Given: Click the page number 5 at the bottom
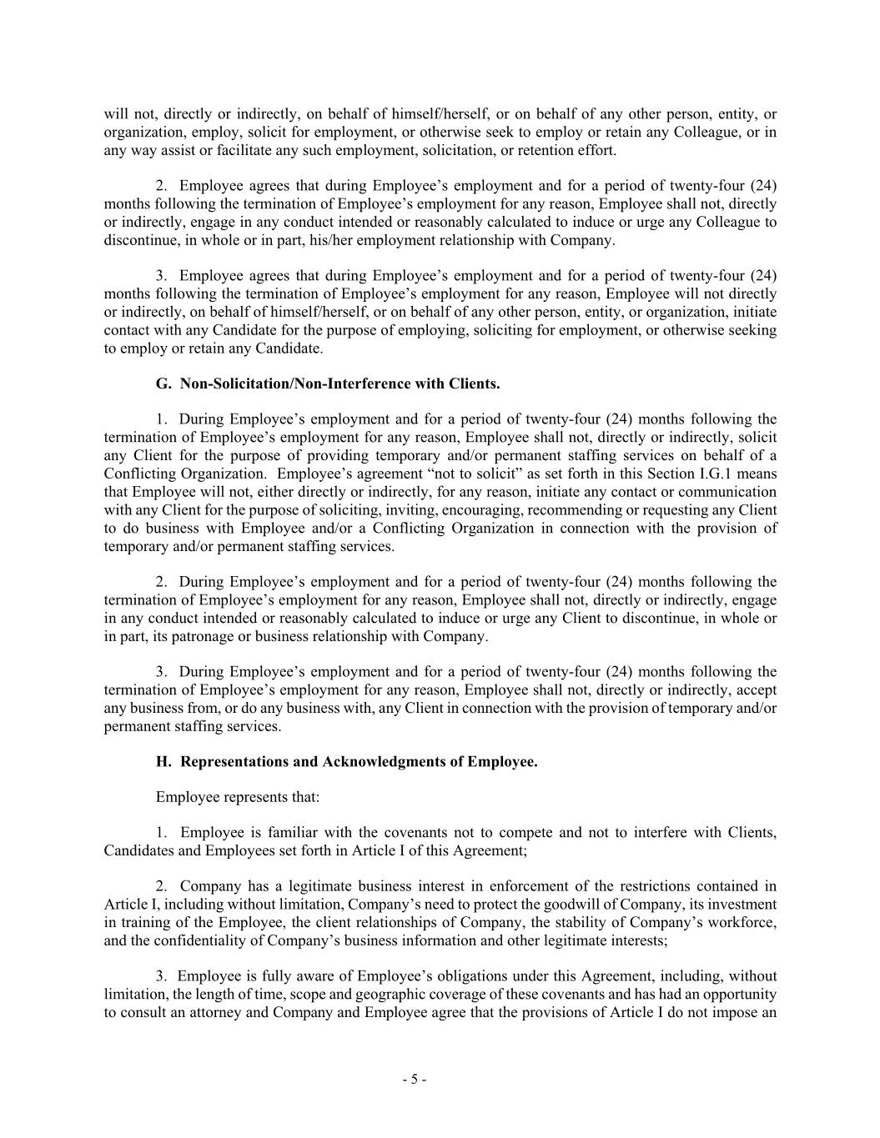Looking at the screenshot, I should point(415,1080).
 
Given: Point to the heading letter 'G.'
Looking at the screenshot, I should point(163,384).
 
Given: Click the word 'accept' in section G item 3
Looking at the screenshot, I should point(755,689).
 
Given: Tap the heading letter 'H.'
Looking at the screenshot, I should point(163,761).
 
